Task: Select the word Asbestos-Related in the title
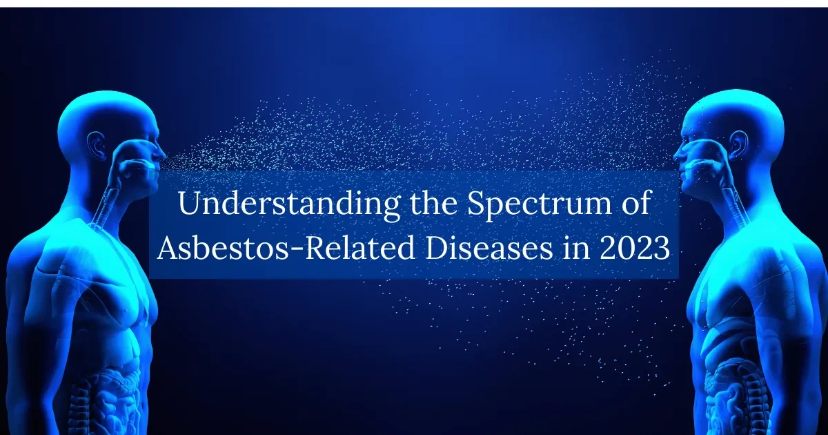click(284, 249)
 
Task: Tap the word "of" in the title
click(635, 206)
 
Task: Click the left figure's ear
click(94, 142)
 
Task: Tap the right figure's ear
click(738, 142)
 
